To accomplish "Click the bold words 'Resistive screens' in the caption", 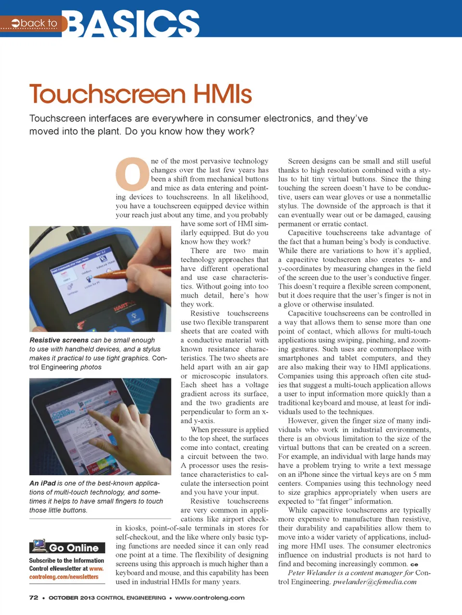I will (59, 340).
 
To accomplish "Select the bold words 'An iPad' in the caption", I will (42, 483).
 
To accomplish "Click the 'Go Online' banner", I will (73, 548).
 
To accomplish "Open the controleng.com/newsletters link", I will (64, 577).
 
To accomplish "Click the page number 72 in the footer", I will (34, 598).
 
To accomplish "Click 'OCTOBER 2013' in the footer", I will (71, 598).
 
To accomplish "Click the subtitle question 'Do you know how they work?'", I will (190, 131).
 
